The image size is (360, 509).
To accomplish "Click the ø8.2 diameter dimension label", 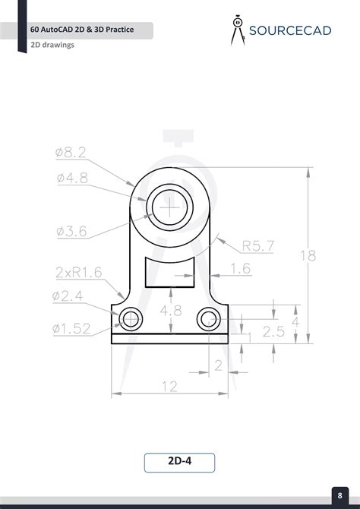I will [71, 153].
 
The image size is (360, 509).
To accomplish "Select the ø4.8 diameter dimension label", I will [71, 178].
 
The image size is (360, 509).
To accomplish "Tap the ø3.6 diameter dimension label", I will [71, 231].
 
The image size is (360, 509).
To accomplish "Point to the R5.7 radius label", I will [257, 245].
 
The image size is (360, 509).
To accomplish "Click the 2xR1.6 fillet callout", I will [79, 271].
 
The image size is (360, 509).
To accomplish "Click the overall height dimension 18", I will [308, 256].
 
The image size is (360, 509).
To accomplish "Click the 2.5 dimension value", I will [273, 331].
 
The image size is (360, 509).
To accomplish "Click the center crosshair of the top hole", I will [173, 205].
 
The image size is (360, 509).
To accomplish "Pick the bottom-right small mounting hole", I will [207, 318].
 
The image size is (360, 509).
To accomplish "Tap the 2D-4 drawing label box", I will [179, 462].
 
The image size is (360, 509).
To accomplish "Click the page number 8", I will [339, 496].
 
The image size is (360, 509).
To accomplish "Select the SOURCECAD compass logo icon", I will [237, 29].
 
